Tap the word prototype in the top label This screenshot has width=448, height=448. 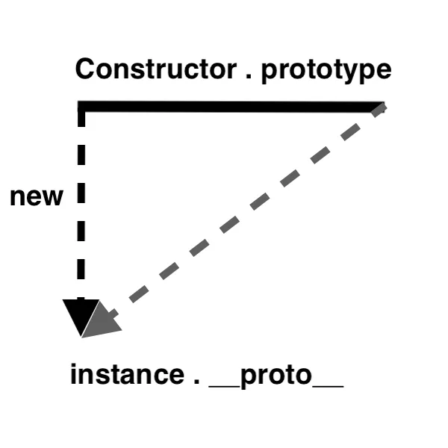pos(326,71)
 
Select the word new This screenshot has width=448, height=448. pos(36,197)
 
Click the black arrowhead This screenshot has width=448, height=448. pos(79,317)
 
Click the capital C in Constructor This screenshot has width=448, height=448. pos(86,69)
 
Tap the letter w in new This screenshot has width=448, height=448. pos(53,198)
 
